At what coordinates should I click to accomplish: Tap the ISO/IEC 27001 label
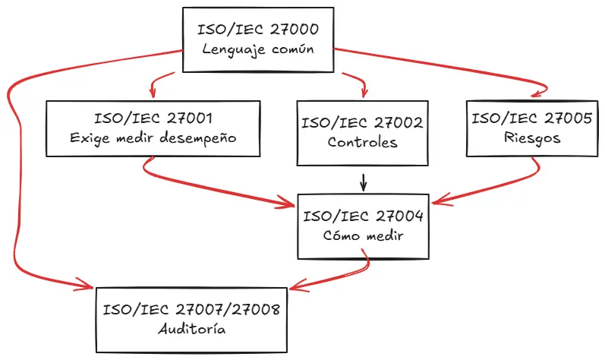tap(153, 118)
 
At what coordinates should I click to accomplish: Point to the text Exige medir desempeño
tap(153, 138)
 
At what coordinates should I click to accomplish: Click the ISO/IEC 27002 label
tap(362, 122)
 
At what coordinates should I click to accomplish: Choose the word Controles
tap(362, 142)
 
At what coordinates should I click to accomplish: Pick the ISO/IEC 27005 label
tap(531, 118)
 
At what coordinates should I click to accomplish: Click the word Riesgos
tap(531, 138)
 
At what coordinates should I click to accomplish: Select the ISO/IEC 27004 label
tap(362, 216)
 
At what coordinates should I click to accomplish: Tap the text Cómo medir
tap(362, 235)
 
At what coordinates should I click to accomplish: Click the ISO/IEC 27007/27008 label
tap(191, 309)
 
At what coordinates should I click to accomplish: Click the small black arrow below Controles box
tap(364, 184)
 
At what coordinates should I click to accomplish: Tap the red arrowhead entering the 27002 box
tap(362, 94)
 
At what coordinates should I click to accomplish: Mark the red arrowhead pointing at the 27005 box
tap(535, 94)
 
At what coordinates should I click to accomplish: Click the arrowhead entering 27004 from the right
tap(437, 203)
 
